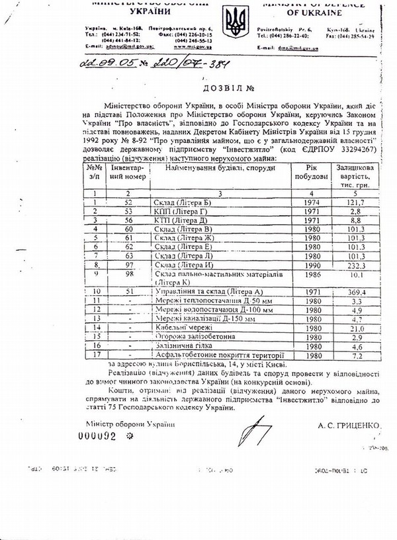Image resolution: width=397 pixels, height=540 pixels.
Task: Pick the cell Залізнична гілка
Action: [x=179, y=345]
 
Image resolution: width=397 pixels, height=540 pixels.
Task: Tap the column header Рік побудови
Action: [x=309, y=171]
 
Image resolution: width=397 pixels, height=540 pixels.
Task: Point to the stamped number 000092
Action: [x=98, y=437]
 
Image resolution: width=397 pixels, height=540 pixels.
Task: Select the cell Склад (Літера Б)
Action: [x=158, y=201]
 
